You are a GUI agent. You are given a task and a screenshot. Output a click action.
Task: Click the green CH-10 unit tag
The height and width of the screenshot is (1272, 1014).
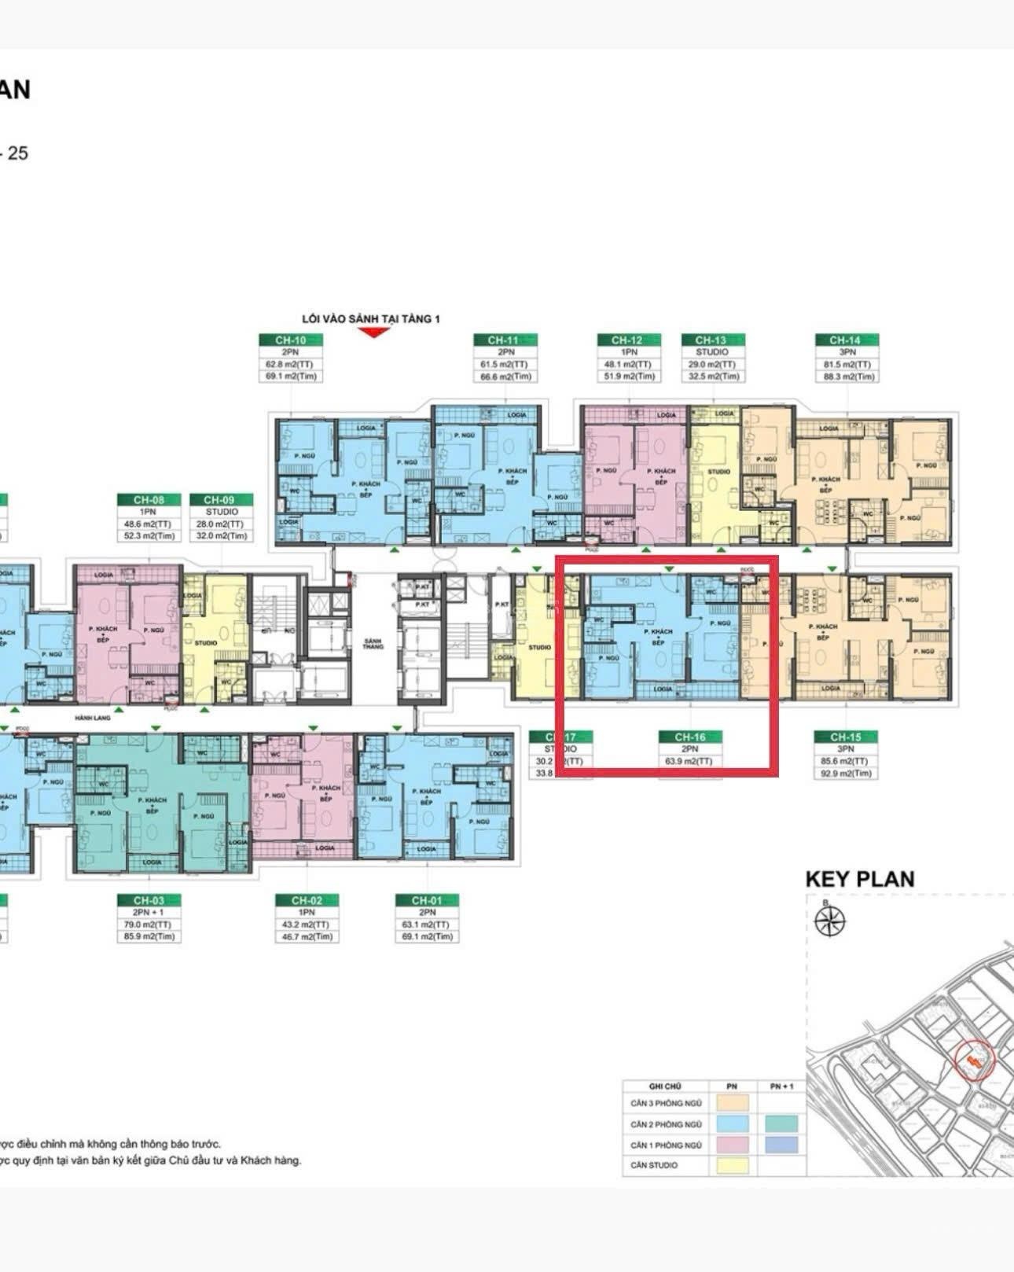pyautogui.click(x=291, y=340)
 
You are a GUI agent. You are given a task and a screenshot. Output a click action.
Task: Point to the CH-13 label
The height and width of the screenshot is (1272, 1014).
pyautogui.click(x=712, y=340)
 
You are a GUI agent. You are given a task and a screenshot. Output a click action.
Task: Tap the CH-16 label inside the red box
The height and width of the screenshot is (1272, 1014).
pyautogui.click(x=690, y=737)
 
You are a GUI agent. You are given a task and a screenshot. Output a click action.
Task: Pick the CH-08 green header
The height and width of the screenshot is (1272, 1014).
pyautogui.click(x=149, y=500)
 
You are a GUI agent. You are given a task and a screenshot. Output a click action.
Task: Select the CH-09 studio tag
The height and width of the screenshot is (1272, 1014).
pyautogui.click(x=222, y=500)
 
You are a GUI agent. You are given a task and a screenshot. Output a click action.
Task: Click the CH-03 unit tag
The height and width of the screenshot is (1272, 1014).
pyautogui.click(x=149, y=900)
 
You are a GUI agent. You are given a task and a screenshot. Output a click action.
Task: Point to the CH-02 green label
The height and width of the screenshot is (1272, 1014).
pyautogui.click(x=307, y=900)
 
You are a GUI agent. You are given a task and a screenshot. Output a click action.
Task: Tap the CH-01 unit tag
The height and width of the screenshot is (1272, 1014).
pyautogui.click(x=426, y=900)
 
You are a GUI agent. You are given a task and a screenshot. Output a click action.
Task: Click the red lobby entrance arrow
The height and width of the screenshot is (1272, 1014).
pyautogui.click(x=374, y=332)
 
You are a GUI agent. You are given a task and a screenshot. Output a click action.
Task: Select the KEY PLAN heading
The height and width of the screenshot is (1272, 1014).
pyautogui.click(x=860, y=879)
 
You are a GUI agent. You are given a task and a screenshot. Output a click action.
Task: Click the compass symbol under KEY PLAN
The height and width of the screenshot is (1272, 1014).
pyautogui.click(x=831, y=921)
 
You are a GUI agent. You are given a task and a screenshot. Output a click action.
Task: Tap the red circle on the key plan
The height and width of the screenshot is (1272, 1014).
pyautogui.click(x=975, y=1061)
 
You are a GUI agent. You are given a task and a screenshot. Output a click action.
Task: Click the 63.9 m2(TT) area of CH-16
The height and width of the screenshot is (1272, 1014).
pyautogui.click(x=690, y=761)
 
